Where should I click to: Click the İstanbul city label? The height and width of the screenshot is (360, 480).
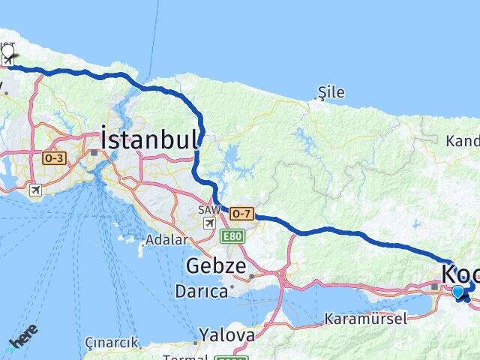[150, 139]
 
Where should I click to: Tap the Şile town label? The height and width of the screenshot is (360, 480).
[331, 92]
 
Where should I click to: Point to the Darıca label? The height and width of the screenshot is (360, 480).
[201, 290]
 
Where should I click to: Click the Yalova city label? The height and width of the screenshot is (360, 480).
[226, 334]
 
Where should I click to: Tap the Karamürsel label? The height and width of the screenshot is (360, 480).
[366, 319]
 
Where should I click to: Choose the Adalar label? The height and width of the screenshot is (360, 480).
[166, 241]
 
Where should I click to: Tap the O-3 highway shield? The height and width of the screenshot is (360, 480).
[55, 158]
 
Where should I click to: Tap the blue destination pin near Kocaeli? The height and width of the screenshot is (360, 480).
[458, 292]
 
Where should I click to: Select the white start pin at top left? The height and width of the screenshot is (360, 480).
[8, 53]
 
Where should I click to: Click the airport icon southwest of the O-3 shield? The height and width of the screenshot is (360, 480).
[34, 190]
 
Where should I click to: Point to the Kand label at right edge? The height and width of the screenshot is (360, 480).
[462, 141]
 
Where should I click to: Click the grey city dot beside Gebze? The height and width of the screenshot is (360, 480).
[251, 276]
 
